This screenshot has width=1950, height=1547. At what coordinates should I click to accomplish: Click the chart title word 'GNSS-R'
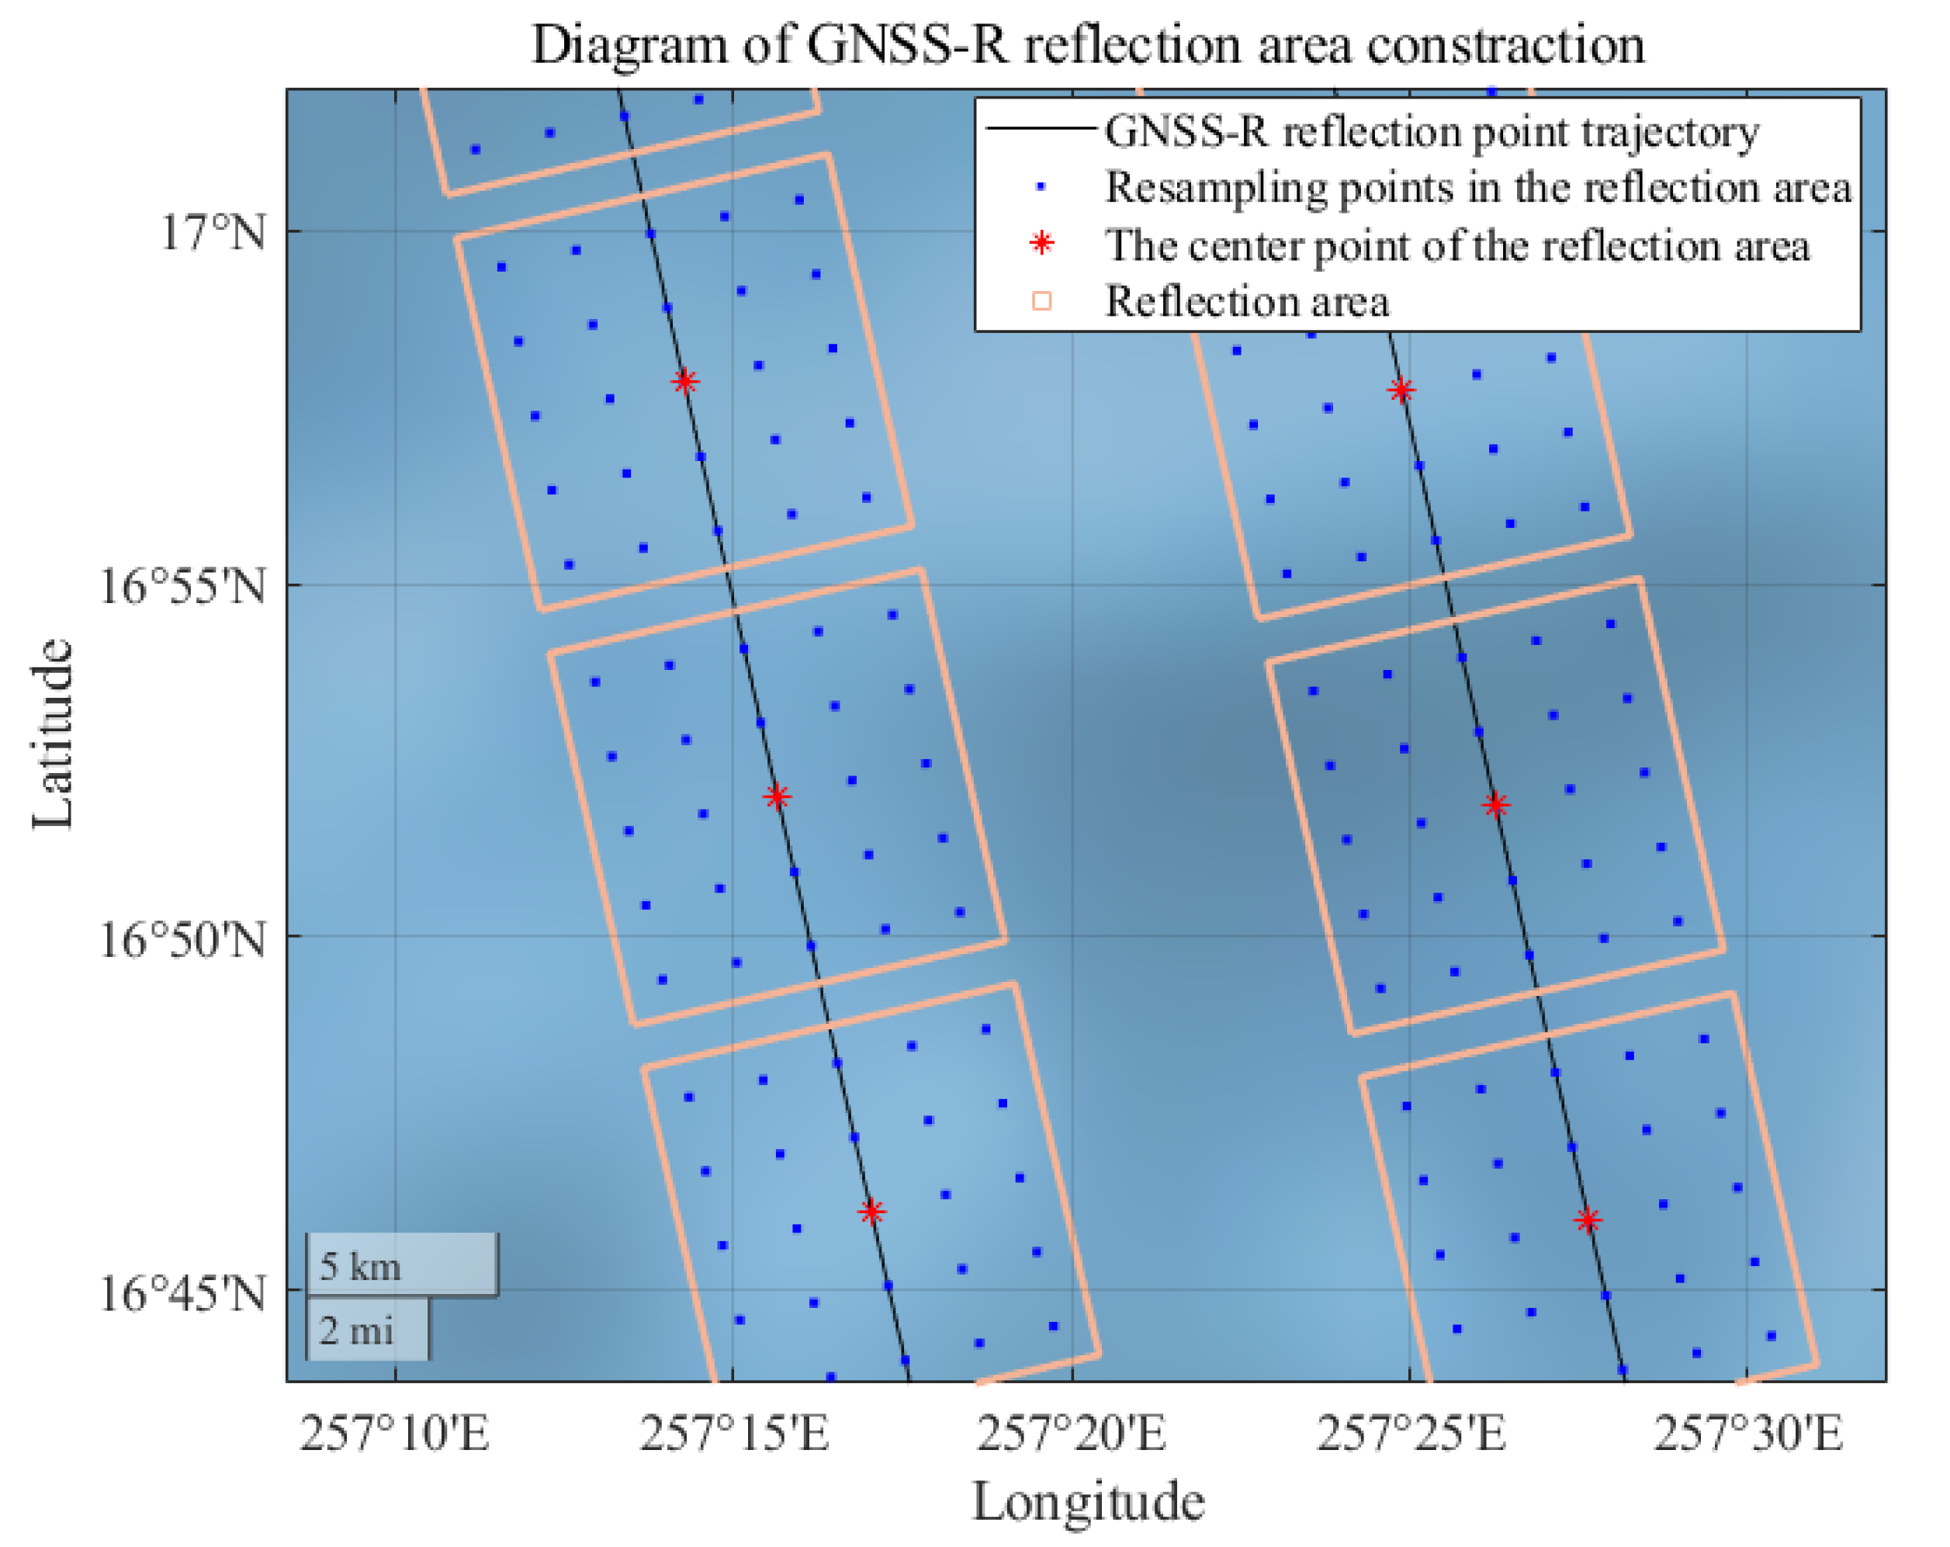point(907,45)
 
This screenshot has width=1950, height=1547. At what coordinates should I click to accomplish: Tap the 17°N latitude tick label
point(213,234)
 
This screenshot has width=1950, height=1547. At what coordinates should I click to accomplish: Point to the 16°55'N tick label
point(182,587)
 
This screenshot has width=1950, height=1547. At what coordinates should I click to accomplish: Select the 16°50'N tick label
point(182,940)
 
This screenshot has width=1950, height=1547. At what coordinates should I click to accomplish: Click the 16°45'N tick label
point(182,1294)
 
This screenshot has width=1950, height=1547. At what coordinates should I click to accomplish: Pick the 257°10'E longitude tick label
point(394,1434)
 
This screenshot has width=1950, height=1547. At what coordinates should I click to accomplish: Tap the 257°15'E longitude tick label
point(733,1434)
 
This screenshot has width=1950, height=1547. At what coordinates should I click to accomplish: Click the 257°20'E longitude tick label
point(1072,1434)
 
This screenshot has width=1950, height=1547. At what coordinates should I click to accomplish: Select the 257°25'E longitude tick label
point(1411,1434)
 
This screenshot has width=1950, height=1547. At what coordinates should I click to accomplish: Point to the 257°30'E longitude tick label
point(1748,1434)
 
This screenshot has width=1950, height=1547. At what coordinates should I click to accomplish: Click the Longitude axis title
point(1088,1503)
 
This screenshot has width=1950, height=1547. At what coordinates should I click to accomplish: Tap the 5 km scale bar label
point(361,1267)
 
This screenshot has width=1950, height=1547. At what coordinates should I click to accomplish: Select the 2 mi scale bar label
point(356,1330)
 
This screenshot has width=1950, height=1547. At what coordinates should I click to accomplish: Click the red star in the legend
point(1042,244)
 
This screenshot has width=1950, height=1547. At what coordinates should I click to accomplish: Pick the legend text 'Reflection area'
point(1246,301)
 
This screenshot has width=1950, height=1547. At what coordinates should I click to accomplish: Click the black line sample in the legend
point(1040,130)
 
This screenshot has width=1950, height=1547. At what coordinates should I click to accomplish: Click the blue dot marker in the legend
point(1041,186)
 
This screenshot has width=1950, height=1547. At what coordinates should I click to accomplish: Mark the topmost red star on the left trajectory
point(684,381)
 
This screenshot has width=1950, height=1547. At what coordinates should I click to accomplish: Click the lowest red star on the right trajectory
point(1588,1220)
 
